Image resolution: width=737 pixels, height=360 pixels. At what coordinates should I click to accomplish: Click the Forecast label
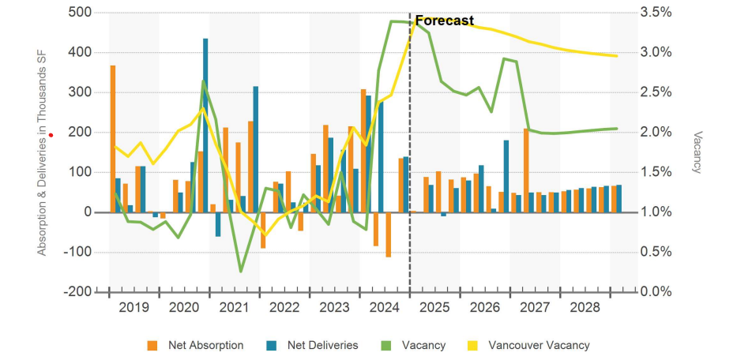[x=445, y=21]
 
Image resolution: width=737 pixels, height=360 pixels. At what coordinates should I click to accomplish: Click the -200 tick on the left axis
[x=77, y=291]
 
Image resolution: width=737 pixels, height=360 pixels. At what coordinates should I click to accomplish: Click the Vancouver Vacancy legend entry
[x=539, y=345]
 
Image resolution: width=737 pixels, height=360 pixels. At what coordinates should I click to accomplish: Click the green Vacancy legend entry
[x=423, y=345]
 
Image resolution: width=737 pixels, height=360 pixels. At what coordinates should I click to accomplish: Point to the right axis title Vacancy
[x=698, y=152]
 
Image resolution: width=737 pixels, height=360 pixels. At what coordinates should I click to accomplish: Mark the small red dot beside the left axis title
[x=51, y=135]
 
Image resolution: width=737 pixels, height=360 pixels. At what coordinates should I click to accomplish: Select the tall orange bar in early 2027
[x=526, y=170]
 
